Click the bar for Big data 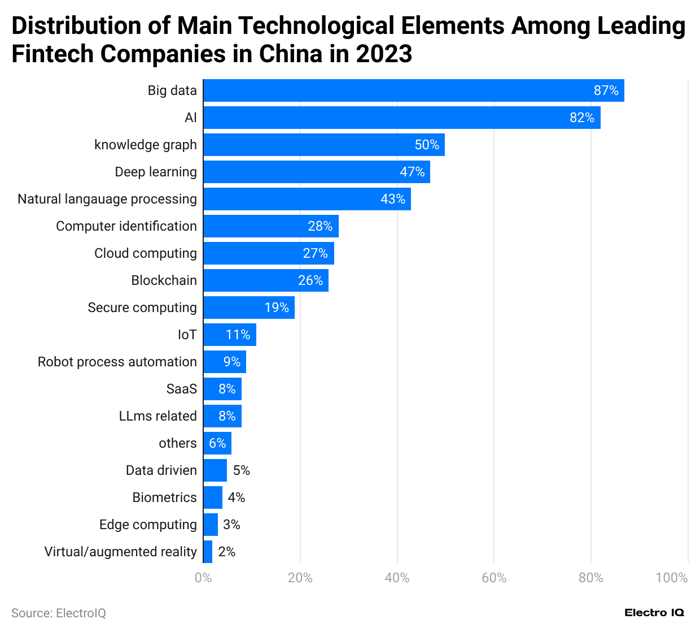point(413,90)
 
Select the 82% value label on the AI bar point(581,118)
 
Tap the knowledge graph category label point(145,145)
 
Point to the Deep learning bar point(316,172)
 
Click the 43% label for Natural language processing point(392,199)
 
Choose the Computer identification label point(126,226)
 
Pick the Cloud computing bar point(268,253)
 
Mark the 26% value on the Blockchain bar point(310,280)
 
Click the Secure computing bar point(248,308)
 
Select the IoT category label point(187,335)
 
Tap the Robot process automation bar point(224,362)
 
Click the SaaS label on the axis point(181,389)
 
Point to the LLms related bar point(222,416)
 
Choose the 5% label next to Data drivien point(241,470)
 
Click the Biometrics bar point(213,497)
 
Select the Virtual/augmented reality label point(120,552)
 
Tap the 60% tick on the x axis point(493,578)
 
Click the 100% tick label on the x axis point(671,578)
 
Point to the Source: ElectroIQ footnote point(59,613)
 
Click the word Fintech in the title point(52,54)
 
